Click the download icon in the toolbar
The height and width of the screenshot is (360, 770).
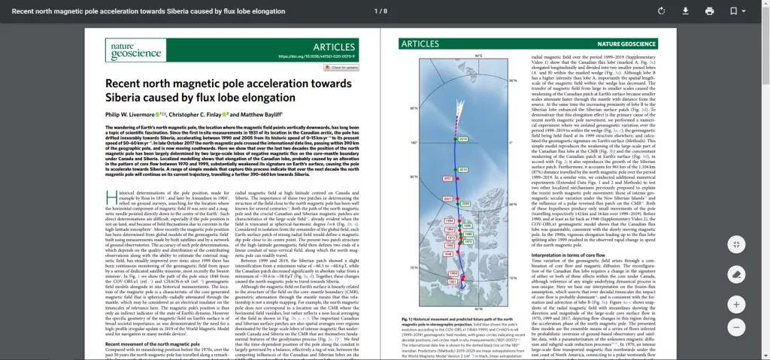[685, 11]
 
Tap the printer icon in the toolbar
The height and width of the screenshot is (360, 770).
[709, 11]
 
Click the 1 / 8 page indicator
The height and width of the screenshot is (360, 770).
[380, 11]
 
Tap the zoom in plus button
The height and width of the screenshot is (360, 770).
[737, 304]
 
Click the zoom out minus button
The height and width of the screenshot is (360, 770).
[737, 327]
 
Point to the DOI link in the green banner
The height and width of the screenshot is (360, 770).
[317, 56]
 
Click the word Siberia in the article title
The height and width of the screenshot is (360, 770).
[125, 97]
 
